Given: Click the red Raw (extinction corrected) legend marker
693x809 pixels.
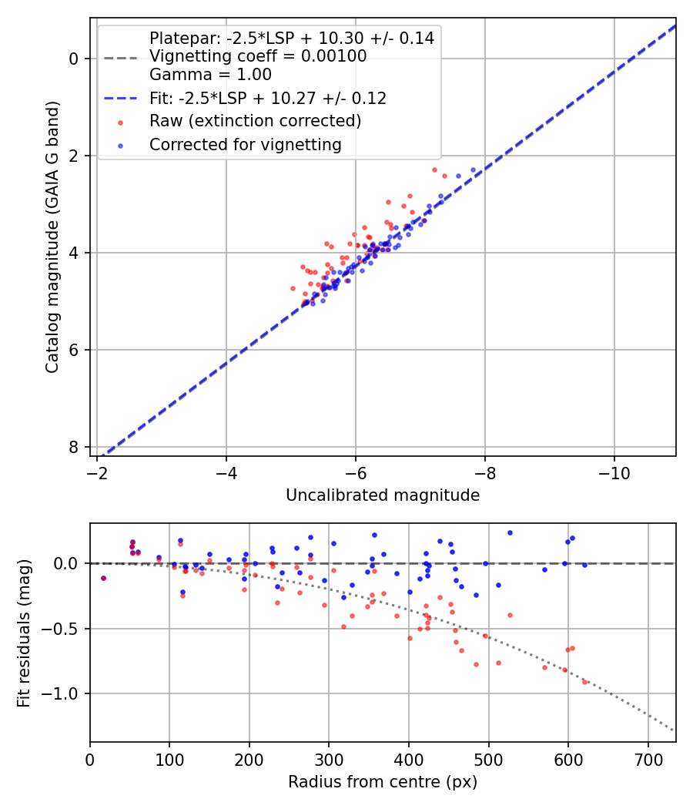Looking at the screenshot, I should pos(119,122).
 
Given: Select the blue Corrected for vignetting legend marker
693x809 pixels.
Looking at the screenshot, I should pos(119,145).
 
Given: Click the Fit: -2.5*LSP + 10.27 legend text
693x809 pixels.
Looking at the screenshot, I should pos(268,99).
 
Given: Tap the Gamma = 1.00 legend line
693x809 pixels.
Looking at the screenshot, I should pos(210,75).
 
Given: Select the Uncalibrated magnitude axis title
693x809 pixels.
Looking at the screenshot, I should pos(383,495).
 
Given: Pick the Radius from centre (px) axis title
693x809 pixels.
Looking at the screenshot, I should pos(383,782).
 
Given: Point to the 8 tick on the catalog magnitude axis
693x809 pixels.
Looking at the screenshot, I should pos(74,448).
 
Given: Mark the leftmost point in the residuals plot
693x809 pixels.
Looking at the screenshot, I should pos(103,578).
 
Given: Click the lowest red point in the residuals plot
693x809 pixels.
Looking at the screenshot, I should pos(584,682).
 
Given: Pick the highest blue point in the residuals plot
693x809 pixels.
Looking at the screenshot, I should pos(510,532).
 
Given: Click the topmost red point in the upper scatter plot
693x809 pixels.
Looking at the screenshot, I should pos(434,170).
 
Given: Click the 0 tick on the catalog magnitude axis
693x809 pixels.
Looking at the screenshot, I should pos(74,59).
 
